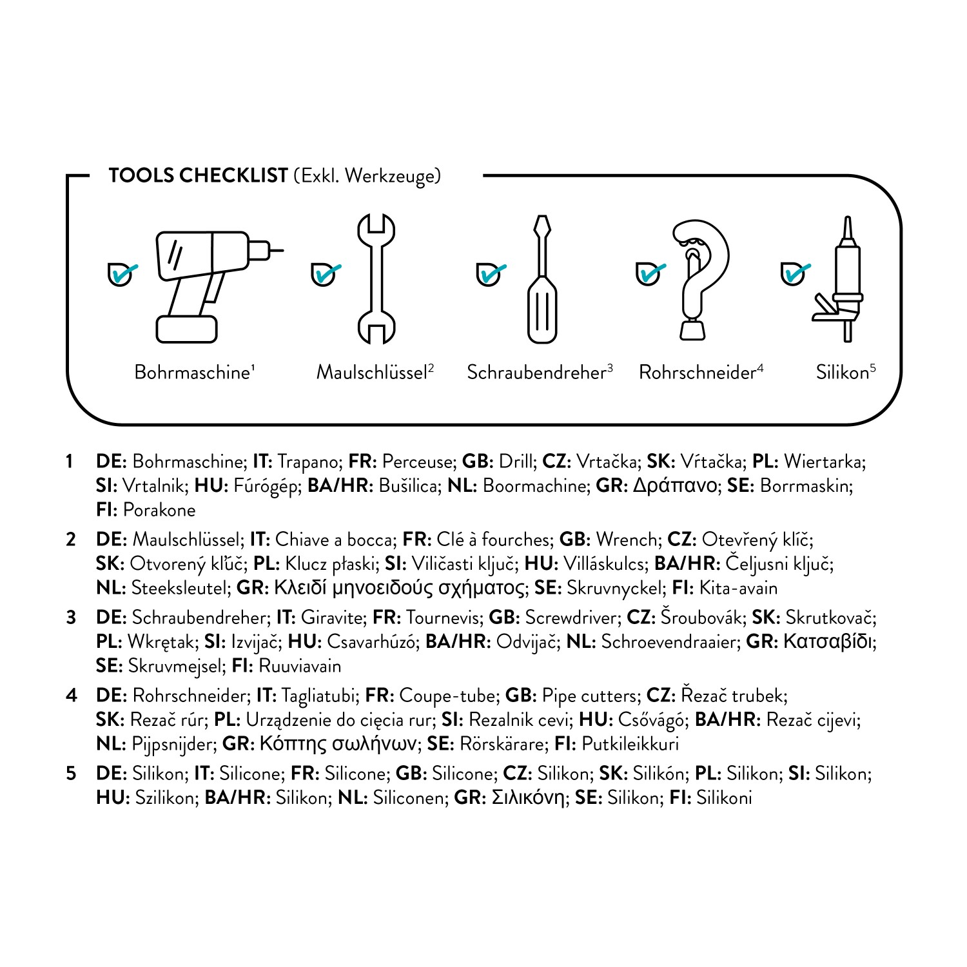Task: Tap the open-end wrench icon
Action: pos(376,278)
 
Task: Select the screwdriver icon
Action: pos(542,279)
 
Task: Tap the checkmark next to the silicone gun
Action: pos(796,273)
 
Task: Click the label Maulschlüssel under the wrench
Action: pos(372,373)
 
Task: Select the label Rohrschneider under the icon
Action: pos(697,373)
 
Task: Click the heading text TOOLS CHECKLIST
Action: pos(198,175)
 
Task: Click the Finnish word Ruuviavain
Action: pos(300,666)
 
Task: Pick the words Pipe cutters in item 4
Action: pos(589,696)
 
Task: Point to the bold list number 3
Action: pos(71,618)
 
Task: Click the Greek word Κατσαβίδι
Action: pos(829,641)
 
